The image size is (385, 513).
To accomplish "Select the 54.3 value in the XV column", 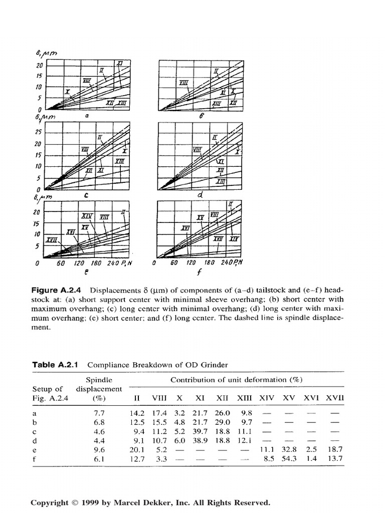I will click(289, 458).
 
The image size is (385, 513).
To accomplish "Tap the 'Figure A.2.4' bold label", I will click(59, 290).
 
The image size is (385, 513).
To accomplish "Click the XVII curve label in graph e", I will click(51, 240).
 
